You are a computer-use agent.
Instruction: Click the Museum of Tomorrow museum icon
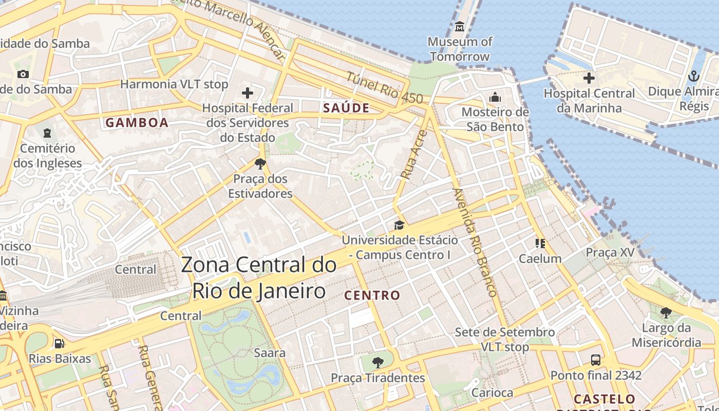click(x=460, y=26)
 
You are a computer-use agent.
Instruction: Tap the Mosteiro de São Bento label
click(x=495, y=119)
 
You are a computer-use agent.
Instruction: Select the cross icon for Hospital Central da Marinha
click(x=589, y=78)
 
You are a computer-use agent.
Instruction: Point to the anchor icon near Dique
click(x=694, y=77)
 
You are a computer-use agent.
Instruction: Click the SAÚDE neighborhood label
click(x=346, y=108)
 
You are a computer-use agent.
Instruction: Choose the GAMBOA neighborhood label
click(x=137, y=122)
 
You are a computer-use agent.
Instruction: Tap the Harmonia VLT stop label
click(x=174, y=84)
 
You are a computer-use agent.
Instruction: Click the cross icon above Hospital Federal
click(x=248, y=93)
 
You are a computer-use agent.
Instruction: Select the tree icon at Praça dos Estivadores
click(x=260, y=164)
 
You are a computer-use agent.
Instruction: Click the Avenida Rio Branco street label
click(x=475, y=242)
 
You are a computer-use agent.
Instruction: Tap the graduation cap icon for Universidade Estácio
click(x=399, y=225)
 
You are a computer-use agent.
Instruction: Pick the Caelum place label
click(x=540, y=258)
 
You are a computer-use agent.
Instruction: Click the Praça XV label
click(x=610, y=252)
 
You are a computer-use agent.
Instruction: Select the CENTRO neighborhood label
click(x=372, y=295)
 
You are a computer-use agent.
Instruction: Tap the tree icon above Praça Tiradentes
click(x=377, y=362)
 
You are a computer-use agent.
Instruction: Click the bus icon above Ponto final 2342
click(x=596, y=360)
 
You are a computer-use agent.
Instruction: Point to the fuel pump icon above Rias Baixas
click(x=60, y=343)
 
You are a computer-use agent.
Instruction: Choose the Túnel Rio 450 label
click(x=384, y=87)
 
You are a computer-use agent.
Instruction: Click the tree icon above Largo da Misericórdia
click(x=666, y=312)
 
